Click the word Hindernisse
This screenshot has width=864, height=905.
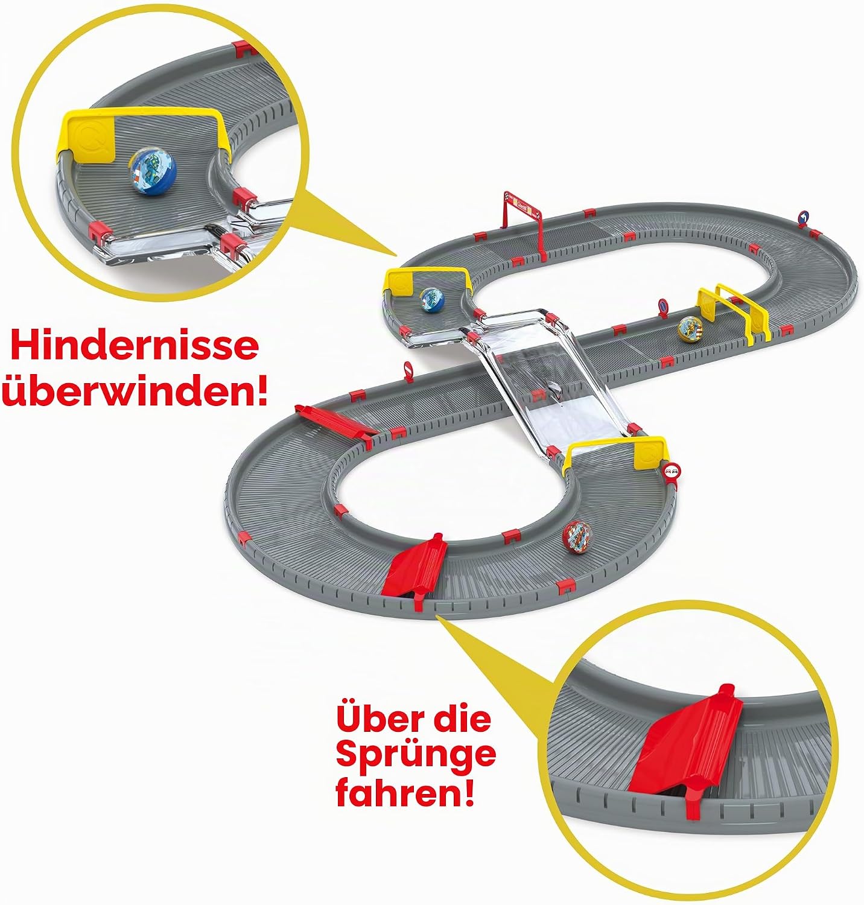click(x=134, y=345)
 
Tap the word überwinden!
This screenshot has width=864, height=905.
click(x=134, y=390)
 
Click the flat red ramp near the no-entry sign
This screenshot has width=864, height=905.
click(x=335, y=421)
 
